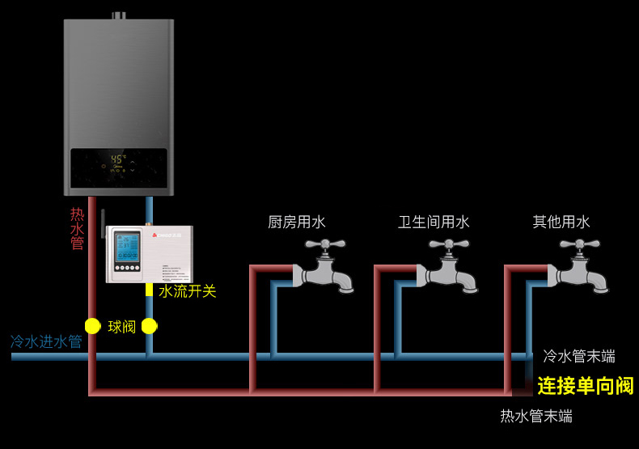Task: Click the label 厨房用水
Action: (296, 222)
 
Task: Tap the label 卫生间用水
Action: (434, 222)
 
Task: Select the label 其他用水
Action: (561, 222)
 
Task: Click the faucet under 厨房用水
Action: (324, 266)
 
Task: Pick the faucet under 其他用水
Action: (579, 266)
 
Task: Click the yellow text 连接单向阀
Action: (585, 386)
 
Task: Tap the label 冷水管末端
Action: (578, 356)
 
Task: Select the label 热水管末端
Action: (535, 417)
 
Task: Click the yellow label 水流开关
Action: (187, 291)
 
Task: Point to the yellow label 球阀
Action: (122, 327)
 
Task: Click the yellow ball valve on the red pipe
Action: (92, 326)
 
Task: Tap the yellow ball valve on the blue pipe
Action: (149, 326)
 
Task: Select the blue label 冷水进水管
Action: (46, 341)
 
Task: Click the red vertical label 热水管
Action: (77, 229)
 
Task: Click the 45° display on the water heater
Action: (119, 159)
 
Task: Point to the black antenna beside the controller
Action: (103, 223)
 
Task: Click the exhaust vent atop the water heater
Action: (119, 15)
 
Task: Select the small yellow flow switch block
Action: (149, 289)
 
